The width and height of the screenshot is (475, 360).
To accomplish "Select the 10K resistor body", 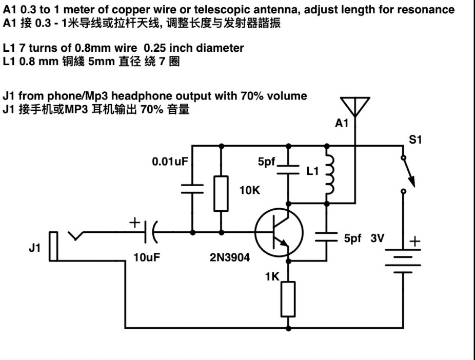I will [221, 193].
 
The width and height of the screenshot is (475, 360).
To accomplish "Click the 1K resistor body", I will [288, 299].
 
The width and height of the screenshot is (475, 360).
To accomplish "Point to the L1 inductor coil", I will [330, 175].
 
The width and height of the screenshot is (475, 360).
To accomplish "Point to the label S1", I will [415, 139].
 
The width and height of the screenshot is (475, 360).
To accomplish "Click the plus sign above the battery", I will [415, 241].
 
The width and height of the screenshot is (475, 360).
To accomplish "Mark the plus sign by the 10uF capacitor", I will [134, 222].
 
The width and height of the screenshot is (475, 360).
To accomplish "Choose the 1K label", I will [272, 277].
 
